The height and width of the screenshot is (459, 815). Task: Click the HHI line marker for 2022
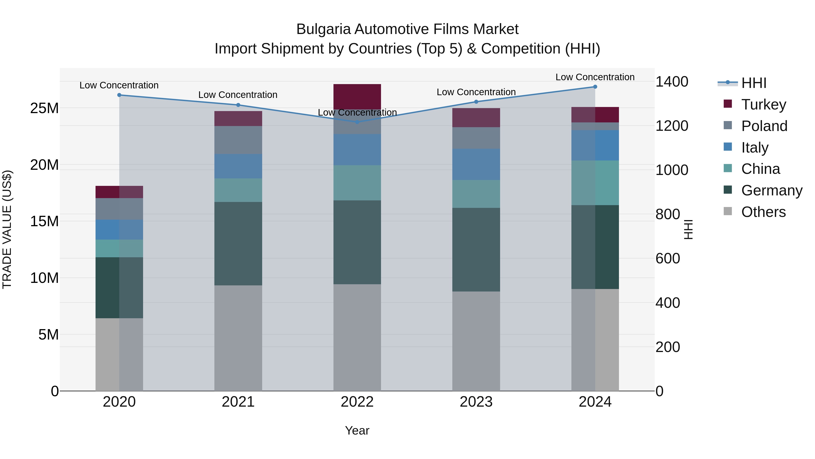point(357,122)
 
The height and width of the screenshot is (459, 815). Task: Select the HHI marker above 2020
point(119,95)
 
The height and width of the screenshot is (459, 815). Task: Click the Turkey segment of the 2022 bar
point(357,97)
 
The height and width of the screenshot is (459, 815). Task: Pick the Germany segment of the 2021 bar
point(238,244)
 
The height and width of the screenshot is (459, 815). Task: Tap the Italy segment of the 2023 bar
point(476,164)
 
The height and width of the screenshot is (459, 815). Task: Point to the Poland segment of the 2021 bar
point(238,140)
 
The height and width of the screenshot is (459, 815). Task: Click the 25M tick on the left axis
point(44,108)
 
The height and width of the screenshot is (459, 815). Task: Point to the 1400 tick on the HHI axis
point(672,82)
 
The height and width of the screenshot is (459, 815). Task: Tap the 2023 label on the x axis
point(476,402)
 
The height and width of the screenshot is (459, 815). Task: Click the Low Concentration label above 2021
point(238,95)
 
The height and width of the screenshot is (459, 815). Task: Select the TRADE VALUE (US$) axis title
point(7,229)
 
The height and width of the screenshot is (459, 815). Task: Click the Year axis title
point(357,430)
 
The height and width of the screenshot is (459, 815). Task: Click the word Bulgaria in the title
point(324,29)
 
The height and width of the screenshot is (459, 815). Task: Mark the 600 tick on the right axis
point(668,258)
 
